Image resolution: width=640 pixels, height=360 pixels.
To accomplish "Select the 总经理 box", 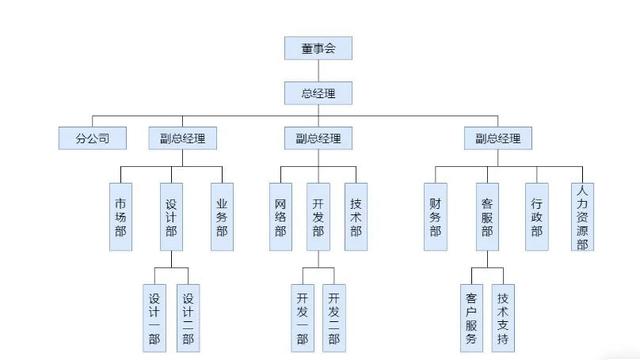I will tap(318, 94).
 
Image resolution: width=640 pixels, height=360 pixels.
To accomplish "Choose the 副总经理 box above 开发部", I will tap(318, 138).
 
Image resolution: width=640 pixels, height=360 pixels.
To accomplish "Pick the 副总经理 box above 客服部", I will tap(497, 138).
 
